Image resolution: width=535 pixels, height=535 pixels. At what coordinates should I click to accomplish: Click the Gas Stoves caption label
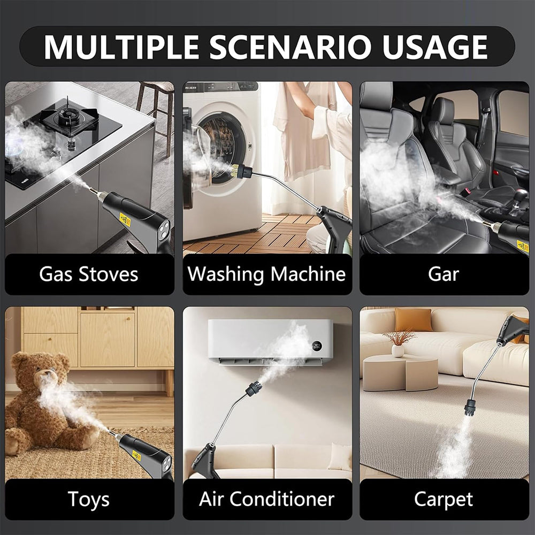tap(89, 274)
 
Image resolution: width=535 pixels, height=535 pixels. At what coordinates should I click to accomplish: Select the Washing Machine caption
tap(266, 274)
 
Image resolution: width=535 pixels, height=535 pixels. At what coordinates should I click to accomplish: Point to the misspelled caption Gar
tap(444, 274)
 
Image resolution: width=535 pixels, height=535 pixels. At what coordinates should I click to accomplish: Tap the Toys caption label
tap(89, 499)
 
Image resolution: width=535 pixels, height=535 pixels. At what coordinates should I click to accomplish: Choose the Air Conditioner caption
tap(266, 499)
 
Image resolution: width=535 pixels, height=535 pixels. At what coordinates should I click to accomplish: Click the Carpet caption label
tap(444, 499)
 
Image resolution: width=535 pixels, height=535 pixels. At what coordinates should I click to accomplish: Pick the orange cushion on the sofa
tap(414, 319)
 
